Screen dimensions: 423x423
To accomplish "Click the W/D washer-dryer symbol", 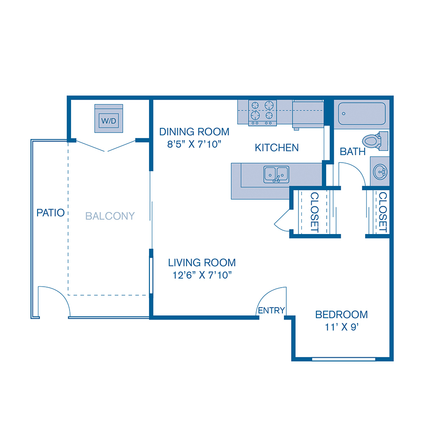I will pyautogui.click(x=109, y=120).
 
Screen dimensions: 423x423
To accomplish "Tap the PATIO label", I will pyautogui.click(x=50, y=213).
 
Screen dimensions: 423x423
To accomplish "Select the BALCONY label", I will pyautogui.click(x=110, y=216).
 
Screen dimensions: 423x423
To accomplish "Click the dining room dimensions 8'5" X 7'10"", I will pyautogui.click(x=194, y=145).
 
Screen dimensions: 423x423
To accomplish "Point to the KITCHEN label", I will pyautogui.click(x=276, y=148).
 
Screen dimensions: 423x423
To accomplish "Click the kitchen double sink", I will pyautogui.click(x=276, y=174).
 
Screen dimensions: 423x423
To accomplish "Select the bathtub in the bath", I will pyautogui.click(x=361, y=113).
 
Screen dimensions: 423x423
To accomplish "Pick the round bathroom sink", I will pyautogui.click(x=380, y=172).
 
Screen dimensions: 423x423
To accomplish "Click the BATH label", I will pyautogui.click(x=352, y=152).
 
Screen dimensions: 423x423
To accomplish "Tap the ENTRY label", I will pyautogui.click(x=272, y=310).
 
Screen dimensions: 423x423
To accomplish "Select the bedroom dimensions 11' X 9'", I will pyautogui.click(x=342, y=328).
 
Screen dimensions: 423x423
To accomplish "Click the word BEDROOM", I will pyautogui.click(x=341, y=314).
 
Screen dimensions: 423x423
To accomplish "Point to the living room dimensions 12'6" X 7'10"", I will pyautogui.click(x=202, y=276).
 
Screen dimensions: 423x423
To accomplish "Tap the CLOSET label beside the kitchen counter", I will pyautogui.click(x=314, y=212).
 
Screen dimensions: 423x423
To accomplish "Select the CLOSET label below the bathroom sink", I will pyautogui.click(x=382, y=212).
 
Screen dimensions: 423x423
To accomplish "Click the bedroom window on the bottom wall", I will pyautogui.click(x=344, y=360).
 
